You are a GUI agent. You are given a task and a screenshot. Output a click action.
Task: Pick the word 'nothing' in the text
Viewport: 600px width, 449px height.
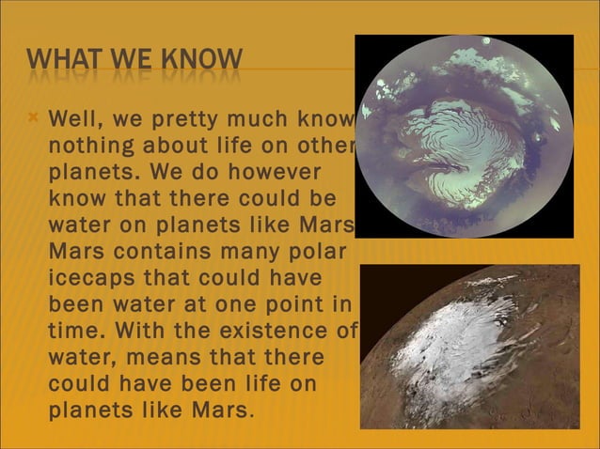tap(88, 147)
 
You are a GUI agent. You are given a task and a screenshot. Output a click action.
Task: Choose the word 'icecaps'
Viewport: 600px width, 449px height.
tap(91, 279)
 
